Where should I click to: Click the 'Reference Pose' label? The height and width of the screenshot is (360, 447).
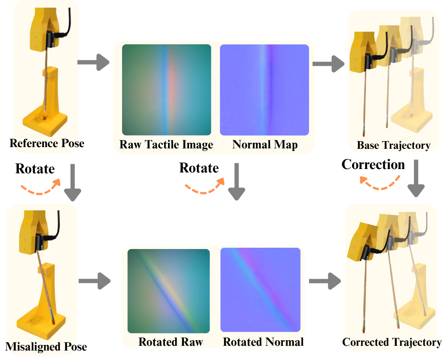pyautogui.click(x=47, y=143)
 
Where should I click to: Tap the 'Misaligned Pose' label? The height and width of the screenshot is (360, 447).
pyautogui.click(x=46, y=346)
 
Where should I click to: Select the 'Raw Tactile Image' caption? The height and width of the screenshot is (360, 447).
pyautogui.click(x=166, y=145)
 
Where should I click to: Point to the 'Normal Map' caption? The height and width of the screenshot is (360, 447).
pyautogui.click(x=265, y=145)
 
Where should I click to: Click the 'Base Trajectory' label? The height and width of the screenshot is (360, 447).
pyautogui.click(x=393, y=145)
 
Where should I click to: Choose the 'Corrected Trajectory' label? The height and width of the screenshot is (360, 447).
pyautogui.click(x=392, y=342)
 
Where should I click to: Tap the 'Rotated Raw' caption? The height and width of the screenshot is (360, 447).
pyautogui.click(x=171, y=342)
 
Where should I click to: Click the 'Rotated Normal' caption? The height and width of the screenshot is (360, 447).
pyautogui.click(x=263, y=342)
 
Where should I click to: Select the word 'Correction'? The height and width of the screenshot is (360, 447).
pyautogui.click(x=373, y=164)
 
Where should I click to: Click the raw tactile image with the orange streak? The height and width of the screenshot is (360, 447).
pyautogui.click(x=166, y=90)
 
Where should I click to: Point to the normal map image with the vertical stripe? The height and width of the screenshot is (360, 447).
pyautogui.click(x=264, y=90)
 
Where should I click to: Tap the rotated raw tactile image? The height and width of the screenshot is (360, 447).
pyautogui.click(x=168, y=291)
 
